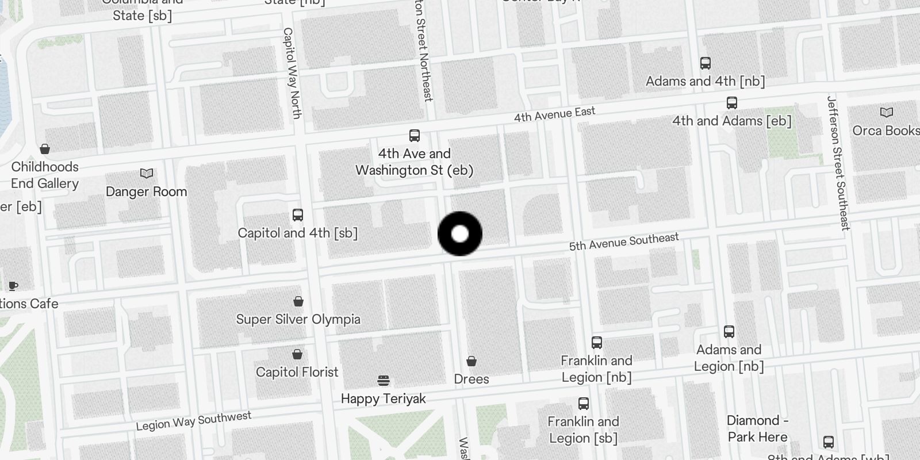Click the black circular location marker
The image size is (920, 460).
pyautogui.click(x=460, y=234)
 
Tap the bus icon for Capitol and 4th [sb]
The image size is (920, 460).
pyautogui.click(x=297, y=215)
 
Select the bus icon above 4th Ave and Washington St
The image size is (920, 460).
pyautogui.click(x=414, y=136)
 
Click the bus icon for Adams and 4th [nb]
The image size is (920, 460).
pyautogui.click(x=705, y=63)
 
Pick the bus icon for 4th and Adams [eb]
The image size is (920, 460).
pyautogui.click(x=731, y=103)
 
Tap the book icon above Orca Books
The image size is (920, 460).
pyautogui.click(x=886, y=112)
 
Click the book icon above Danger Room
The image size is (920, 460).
pyautogui.click(x=147, y=173)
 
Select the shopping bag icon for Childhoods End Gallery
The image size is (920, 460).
pyautogui.click(x=45, y=149)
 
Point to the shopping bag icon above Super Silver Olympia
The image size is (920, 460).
pyautogui.click(x=298, y=301)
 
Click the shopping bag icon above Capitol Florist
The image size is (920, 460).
pyautogui.click(x=297, y=354)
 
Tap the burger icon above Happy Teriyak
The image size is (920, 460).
pyautogui.click(x=384, y=380)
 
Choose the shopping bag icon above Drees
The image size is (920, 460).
pyautogui.click(x=471, y=361)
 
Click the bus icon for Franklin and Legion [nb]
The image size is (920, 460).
pyautogui.click(x=597, y=343)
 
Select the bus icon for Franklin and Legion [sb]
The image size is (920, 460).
pyautogui.click(x=583, y=404)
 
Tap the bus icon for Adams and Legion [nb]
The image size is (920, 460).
pyautogui.click(x=729, y=332)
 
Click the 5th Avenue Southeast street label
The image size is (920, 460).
pyautogui.click(x=624, y=242)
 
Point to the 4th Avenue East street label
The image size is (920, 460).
pyautogui.click(x=554, y=114)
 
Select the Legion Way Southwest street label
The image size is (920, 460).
pyautogui.click(x=193, y=421)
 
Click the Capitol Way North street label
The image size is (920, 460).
pyautogui.click(x=292, y=73)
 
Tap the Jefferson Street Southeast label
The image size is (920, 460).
pyautogui.click(x=838, y=163)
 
